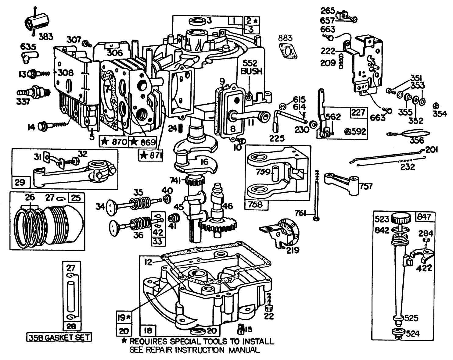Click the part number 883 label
tap(285, 38)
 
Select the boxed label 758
tap(255, 205)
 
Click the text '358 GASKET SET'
tap(59, 337)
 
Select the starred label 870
tap(114, 141)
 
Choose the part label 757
tap(366, 186)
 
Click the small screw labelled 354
tap(436, 105)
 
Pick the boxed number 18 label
tap(148, 330)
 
